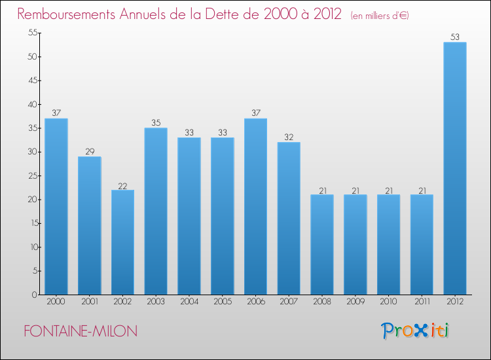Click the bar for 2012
tap(455, 168)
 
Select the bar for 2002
tap(122, 242)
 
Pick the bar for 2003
tap(156, 211)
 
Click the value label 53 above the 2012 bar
tap(455, 37)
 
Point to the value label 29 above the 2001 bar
tap(89, 151)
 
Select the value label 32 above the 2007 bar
tap(289, 137)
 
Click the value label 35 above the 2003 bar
tap(156, 123)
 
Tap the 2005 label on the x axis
tap(222, 302)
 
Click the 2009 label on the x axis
tap(355, 302)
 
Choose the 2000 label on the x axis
tap(56, 302)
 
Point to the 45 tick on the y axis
tap(30, 81)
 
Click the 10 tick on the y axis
tap(30, 247)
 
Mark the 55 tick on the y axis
tap(30, 33)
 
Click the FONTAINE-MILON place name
tap(81, 331)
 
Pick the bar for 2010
tap(388, 244)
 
